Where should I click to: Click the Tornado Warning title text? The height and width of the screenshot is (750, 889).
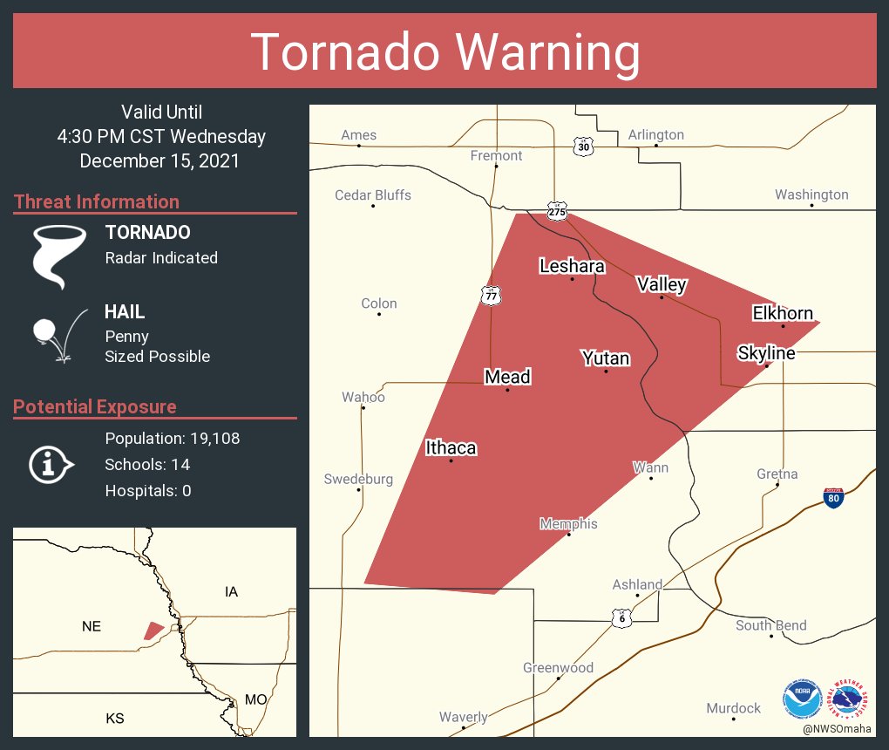[x=444, y=52]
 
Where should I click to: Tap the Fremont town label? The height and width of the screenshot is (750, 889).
[x=496, y=156]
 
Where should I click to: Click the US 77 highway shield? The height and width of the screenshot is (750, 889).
[x=491, y=296]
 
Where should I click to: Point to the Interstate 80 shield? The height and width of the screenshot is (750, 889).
[x=833, y=498]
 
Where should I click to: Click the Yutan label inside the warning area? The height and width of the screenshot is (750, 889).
[x=606, y=358]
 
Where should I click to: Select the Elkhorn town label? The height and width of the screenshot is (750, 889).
[x=783, y=313]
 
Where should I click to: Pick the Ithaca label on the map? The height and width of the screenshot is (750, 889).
[x=451, y=448]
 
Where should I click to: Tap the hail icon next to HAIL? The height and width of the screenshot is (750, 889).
[x=58, y=335]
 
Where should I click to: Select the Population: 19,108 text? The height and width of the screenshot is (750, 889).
[x=172, y=439]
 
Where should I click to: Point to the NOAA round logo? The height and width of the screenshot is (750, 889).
[x=802, y=699]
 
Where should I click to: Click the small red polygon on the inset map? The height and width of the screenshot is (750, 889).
[x=153, y=631]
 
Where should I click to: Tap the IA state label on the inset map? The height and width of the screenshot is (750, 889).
[x=231, y=592]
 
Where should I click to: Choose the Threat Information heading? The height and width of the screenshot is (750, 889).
[x=97, y=202]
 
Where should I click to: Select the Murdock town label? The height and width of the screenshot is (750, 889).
[x=733, y=708]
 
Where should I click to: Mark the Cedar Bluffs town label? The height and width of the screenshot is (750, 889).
[x=373, y=195]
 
